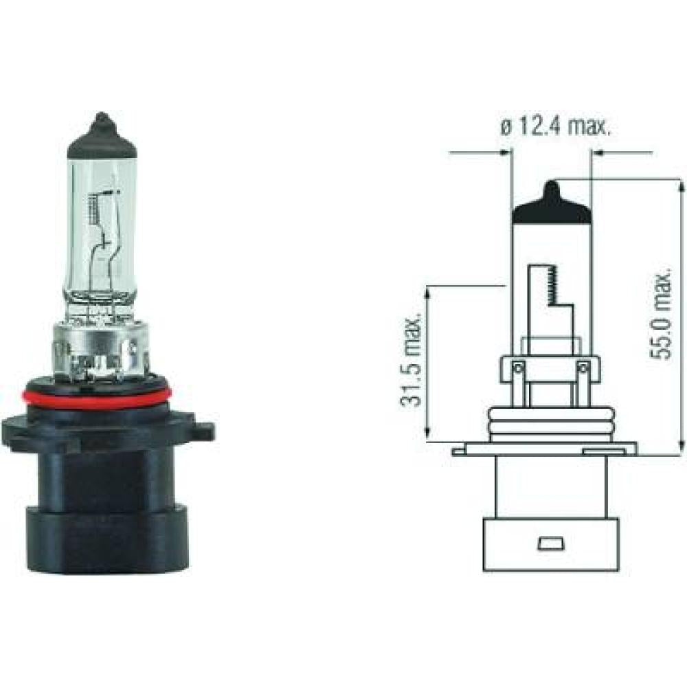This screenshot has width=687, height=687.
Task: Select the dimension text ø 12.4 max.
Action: (x=555, y=128)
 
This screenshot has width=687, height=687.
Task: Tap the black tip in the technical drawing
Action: (x=552, y=207)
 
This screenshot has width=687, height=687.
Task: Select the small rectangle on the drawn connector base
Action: (x=550, y=544)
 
